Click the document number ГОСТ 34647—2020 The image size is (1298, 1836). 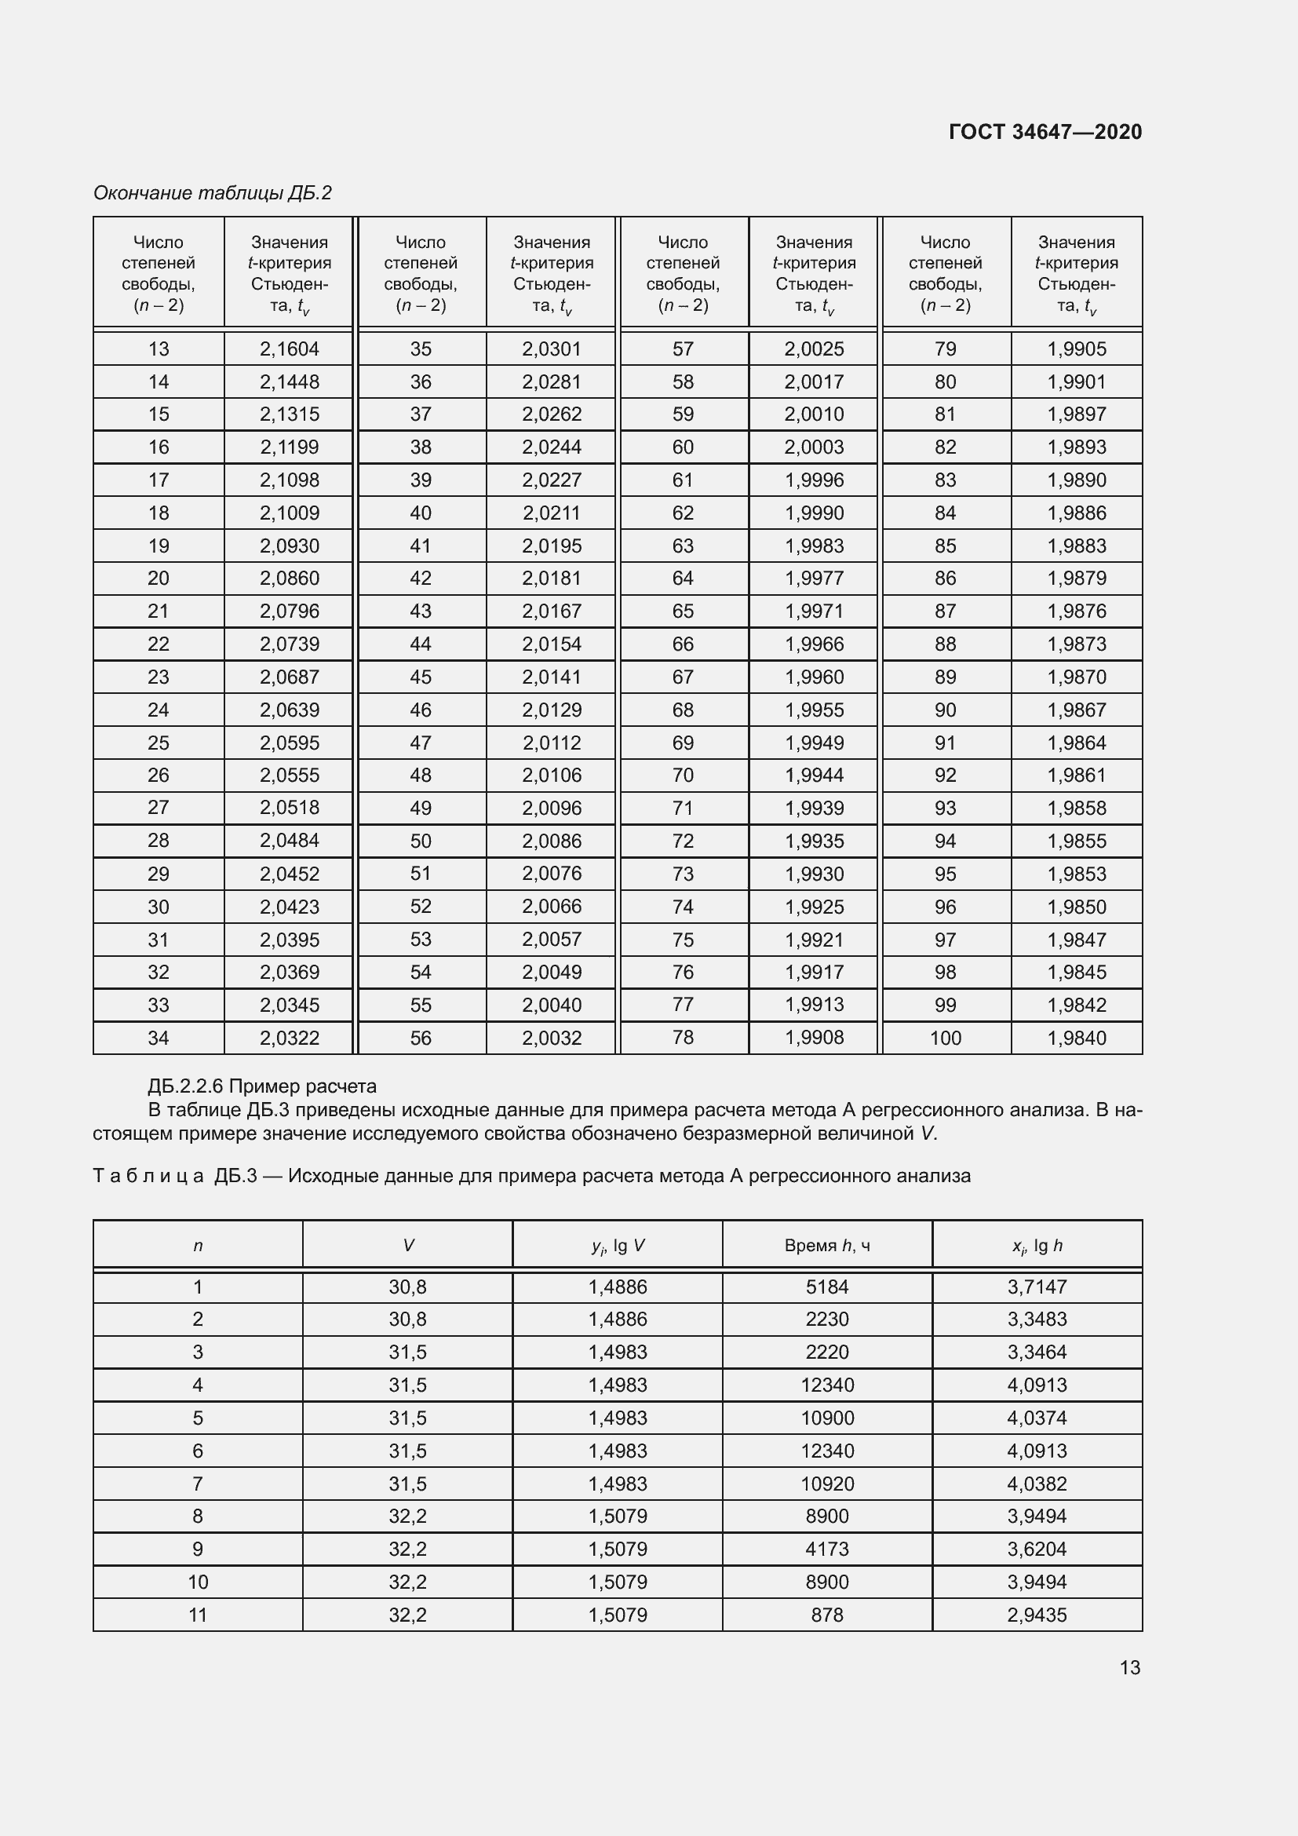(x=1045, y=132)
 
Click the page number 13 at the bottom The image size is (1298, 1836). (x=1129, y=1667)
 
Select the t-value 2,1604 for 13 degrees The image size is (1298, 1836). (x=290, y=349)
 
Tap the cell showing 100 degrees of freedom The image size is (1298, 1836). (x=945, y=1038)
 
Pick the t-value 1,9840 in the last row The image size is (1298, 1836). (x=1077, y=1038)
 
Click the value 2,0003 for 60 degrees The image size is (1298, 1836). (x=814, y=447)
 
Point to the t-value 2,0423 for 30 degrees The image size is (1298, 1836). (x=290, y=907)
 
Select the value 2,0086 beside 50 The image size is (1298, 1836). (x=552, y=841)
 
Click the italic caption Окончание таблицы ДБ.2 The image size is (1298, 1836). (x=213, y=193)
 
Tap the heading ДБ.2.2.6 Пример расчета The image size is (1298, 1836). (x=262, y=1086)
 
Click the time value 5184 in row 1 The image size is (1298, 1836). (x=826, y=1287)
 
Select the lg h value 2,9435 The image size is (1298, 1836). (x=1037, y=1615)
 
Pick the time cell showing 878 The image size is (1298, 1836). (x=826, y=1615)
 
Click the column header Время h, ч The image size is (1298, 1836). (x=826, y=1245)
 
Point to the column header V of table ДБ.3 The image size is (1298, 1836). (x=407, y=1245)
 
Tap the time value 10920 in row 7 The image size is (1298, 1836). (x=826, y=1484)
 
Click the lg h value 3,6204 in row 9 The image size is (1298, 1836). (x=1037, y=1549)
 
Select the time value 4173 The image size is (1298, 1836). (x=826, y=1549)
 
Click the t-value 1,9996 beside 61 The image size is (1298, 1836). (x=814, y=480)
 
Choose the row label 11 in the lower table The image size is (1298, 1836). (x=198, y=1615)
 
